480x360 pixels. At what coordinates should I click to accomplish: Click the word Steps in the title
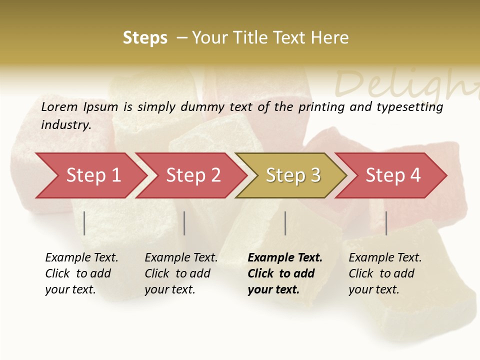coord(145,38)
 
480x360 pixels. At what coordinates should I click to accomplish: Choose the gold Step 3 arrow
coord(293,175)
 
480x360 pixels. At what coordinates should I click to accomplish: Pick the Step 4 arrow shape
coord(393,175)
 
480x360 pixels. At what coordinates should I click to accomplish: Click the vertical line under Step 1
coord(84,223)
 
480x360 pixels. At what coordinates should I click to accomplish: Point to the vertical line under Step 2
coord(184,223)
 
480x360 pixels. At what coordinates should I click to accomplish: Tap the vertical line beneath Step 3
coord(285,223)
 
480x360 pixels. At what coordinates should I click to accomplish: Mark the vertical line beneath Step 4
coord(386,223)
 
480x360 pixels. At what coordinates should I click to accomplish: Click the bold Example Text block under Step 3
coord(285,273)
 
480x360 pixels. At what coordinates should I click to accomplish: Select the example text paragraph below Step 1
coord(81,273)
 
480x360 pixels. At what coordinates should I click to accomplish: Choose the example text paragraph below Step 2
coord(181,273)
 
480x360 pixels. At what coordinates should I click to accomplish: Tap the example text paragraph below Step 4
coord(385,273)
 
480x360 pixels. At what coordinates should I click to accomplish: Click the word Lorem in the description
coord(59,106)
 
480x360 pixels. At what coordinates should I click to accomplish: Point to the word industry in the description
coord(66,125)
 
